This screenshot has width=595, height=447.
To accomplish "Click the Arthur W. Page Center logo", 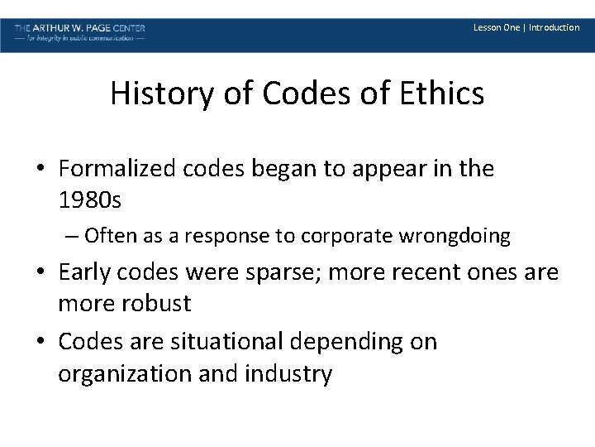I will click(80, 33).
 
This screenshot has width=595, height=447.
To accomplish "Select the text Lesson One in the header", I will click(496, 27).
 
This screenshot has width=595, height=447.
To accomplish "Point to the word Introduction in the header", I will click(554, 27).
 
